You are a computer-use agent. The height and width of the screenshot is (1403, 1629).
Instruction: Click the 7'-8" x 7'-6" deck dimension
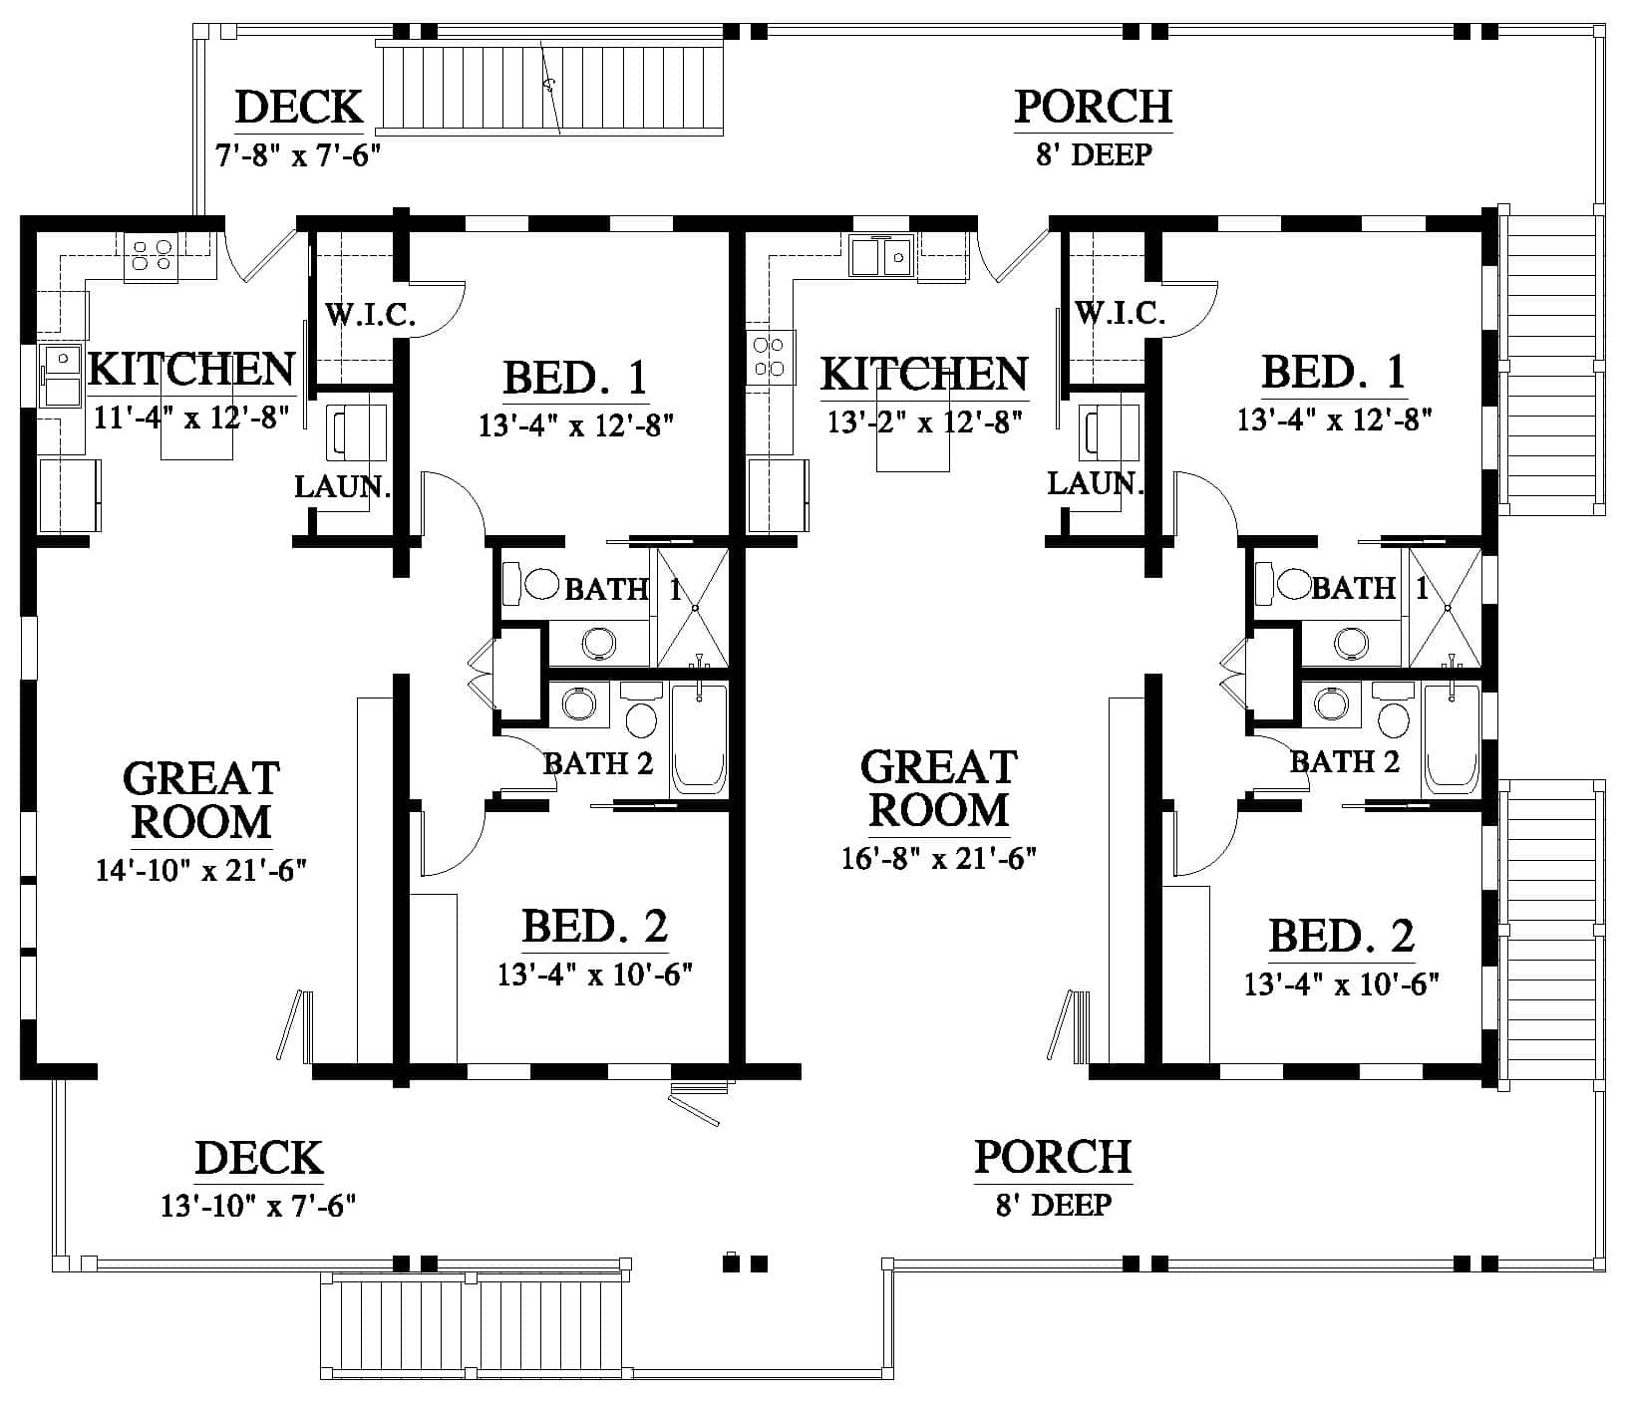point(298,155)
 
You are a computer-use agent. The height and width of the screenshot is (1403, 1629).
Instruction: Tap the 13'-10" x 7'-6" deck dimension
point(258,1206)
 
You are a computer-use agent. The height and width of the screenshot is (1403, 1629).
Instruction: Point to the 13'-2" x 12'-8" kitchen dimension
point(925,421)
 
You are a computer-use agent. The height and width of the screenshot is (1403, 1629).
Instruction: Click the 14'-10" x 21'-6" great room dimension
point(200,870)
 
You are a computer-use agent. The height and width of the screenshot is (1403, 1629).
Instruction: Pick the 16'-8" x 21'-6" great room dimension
point(939,859)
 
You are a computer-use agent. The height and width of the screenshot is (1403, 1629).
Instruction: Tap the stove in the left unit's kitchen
point(151,255)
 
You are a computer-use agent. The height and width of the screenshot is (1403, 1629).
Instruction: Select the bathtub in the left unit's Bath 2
point(699,738)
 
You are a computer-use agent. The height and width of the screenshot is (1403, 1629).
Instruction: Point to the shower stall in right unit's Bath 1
point(1443,607)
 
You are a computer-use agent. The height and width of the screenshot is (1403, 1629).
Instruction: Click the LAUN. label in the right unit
point(1094,484)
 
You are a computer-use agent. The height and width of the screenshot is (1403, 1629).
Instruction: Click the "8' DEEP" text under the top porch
point(1094,155)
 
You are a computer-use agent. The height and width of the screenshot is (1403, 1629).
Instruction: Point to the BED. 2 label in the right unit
point(1341,937)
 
